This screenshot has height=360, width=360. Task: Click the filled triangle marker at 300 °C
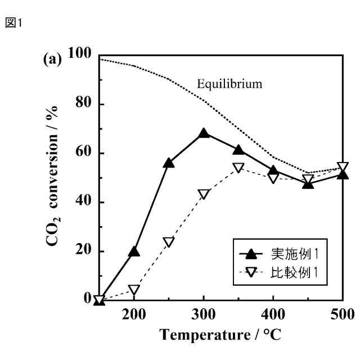(204, 134)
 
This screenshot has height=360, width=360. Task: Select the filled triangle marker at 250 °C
(169, 163)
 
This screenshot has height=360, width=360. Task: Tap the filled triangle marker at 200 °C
(134, 251)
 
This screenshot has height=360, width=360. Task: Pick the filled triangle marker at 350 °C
(238, 150)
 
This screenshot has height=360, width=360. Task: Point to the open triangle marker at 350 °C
(238, 168)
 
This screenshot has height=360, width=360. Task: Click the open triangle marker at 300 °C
(204, 194)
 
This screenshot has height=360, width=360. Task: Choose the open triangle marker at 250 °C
(169, 242)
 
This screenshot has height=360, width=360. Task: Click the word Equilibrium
(229, 84)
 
